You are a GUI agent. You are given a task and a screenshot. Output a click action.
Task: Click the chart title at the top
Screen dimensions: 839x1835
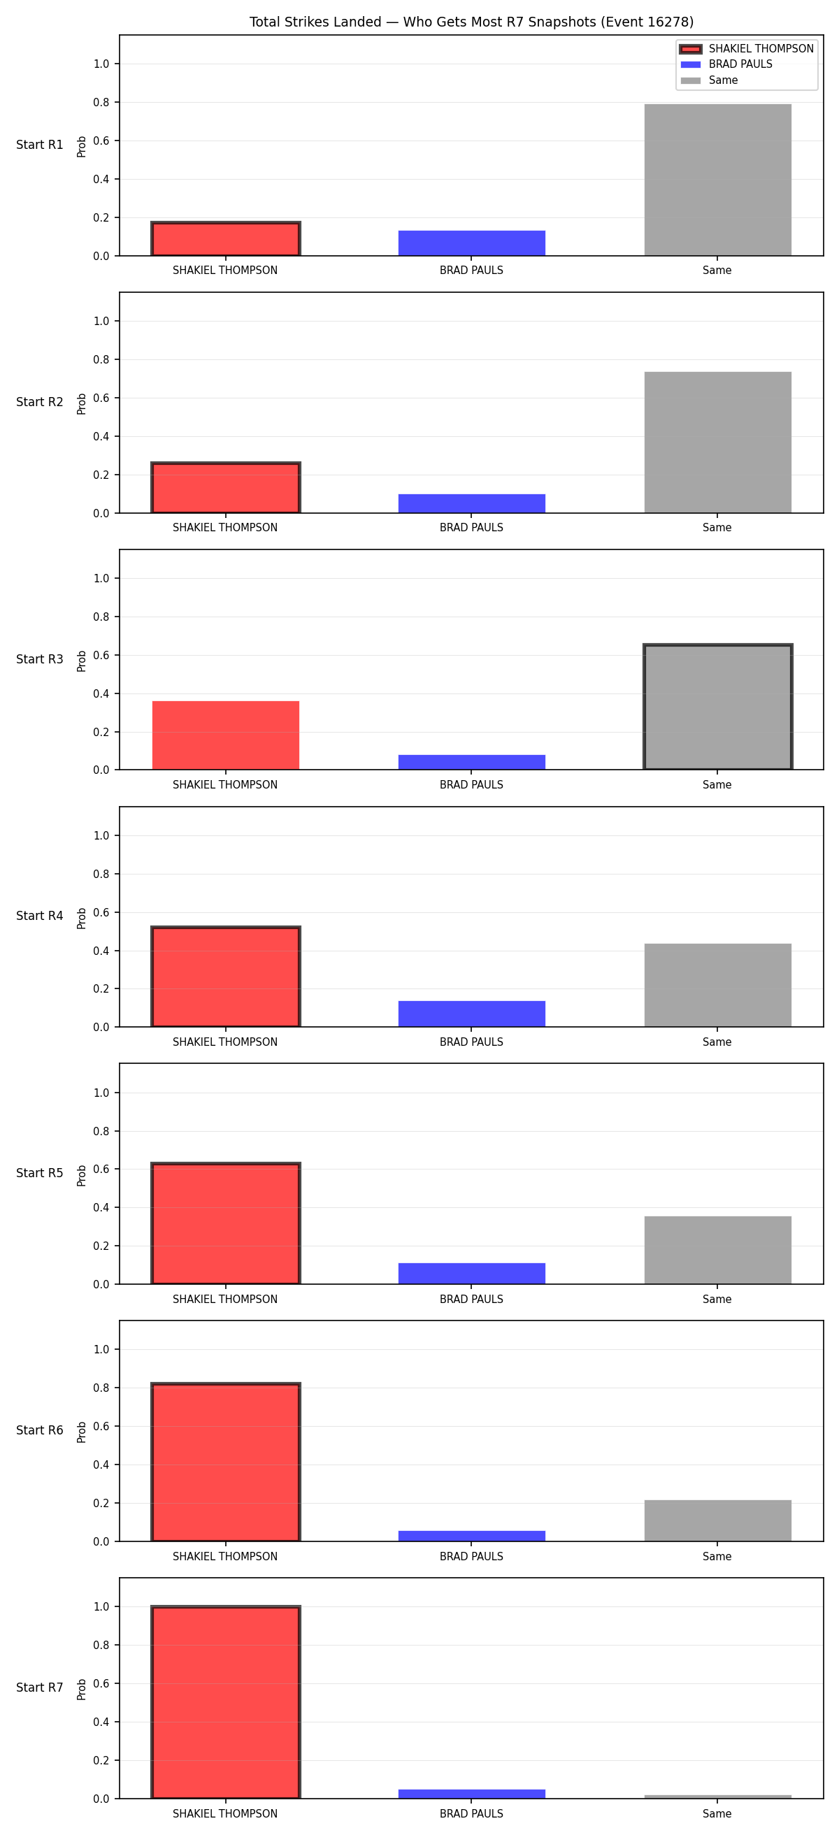coord(471,22)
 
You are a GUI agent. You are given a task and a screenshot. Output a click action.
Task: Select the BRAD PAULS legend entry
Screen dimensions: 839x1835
coord(726,64)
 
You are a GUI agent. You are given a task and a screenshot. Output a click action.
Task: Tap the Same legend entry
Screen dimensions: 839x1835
coord(709,80)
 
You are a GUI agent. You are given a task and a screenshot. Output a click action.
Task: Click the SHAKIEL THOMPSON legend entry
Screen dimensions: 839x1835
coord(747,48)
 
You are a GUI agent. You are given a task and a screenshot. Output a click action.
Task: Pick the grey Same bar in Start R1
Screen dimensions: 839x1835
coord(717,180)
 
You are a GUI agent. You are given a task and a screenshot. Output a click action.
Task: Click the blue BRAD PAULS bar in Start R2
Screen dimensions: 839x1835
coord(471,503)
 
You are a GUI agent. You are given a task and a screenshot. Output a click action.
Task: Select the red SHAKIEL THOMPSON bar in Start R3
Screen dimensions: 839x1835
coord(226,735)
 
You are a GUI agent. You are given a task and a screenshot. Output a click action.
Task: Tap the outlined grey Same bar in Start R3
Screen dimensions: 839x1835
coord(717,707)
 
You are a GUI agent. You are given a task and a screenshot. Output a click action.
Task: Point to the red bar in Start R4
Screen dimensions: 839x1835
coord(226,977)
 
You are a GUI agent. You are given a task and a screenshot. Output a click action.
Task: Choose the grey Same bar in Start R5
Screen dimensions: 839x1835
coord(717,1250)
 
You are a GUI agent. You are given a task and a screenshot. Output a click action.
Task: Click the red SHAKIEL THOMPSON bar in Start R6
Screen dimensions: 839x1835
coord(226,1462)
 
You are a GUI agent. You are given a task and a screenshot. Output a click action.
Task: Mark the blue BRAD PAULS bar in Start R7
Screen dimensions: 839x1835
coord(471,1794)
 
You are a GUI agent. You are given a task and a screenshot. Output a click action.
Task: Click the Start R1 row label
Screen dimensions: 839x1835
coord(40,145)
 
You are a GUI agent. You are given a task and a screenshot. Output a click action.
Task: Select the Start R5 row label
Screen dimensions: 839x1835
coord(40,1173)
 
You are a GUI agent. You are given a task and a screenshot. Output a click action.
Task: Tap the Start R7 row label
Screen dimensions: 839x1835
coord(40,1688)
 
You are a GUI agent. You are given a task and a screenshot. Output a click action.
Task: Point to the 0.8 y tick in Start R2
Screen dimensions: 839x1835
coord(101,360)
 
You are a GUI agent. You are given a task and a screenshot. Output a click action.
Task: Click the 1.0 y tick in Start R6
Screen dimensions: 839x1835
coord(101,1350)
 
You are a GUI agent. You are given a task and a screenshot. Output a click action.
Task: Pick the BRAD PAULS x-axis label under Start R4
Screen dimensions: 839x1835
coord(471,1042)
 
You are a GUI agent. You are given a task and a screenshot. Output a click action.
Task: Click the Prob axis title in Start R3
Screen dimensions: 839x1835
coord(82,661)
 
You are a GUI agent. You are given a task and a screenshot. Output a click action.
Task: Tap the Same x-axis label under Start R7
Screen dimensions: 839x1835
coord(717,1813)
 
